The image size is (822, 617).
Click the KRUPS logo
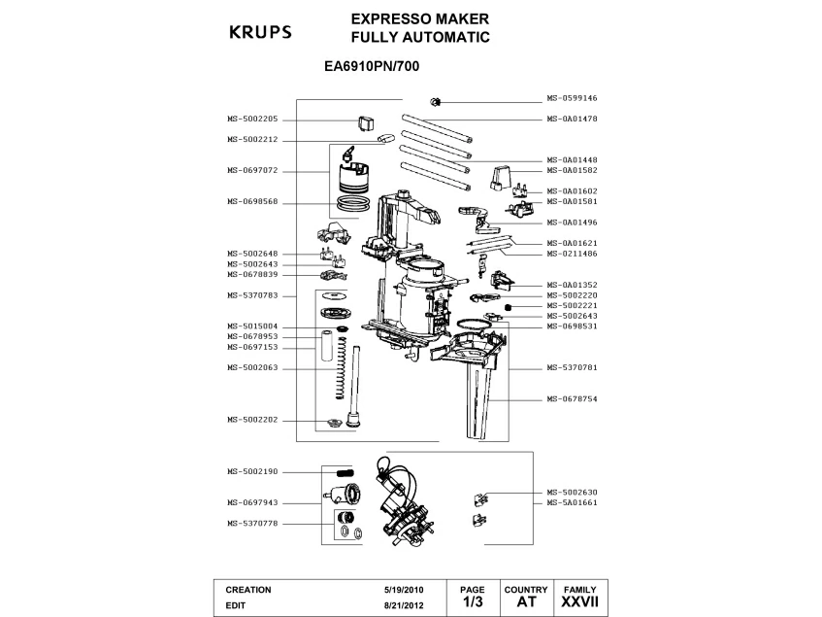click(x=259, y=32)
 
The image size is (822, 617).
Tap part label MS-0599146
click(x=572, y=99)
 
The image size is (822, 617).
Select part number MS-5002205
click(x=252, y=119)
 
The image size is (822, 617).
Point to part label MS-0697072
click(x=252, y=170)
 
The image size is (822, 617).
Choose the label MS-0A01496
click(x=572, y=223)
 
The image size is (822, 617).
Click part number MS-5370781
click(x=572, y=369)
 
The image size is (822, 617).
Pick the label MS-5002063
click(x=252, y=368)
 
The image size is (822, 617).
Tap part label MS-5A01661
click(x=572, y=503)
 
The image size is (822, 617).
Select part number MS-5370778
click(x=252, y=524)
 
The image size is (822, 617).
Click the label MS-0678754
click(x=572, y=399)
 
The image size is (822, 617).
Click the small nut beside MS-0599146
click(x=436, y=101)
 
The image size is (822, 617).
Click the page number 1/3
click(x=472, y=603)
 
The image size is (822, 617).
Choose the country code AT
click(x=526, y=603)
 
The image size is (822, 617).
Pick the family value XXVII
click(x=579, y=603)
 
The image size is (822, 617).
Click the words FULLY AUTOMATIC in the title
click(x=419, y=38)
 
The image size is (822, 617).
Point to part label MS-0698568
click(x=252, y=202)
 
